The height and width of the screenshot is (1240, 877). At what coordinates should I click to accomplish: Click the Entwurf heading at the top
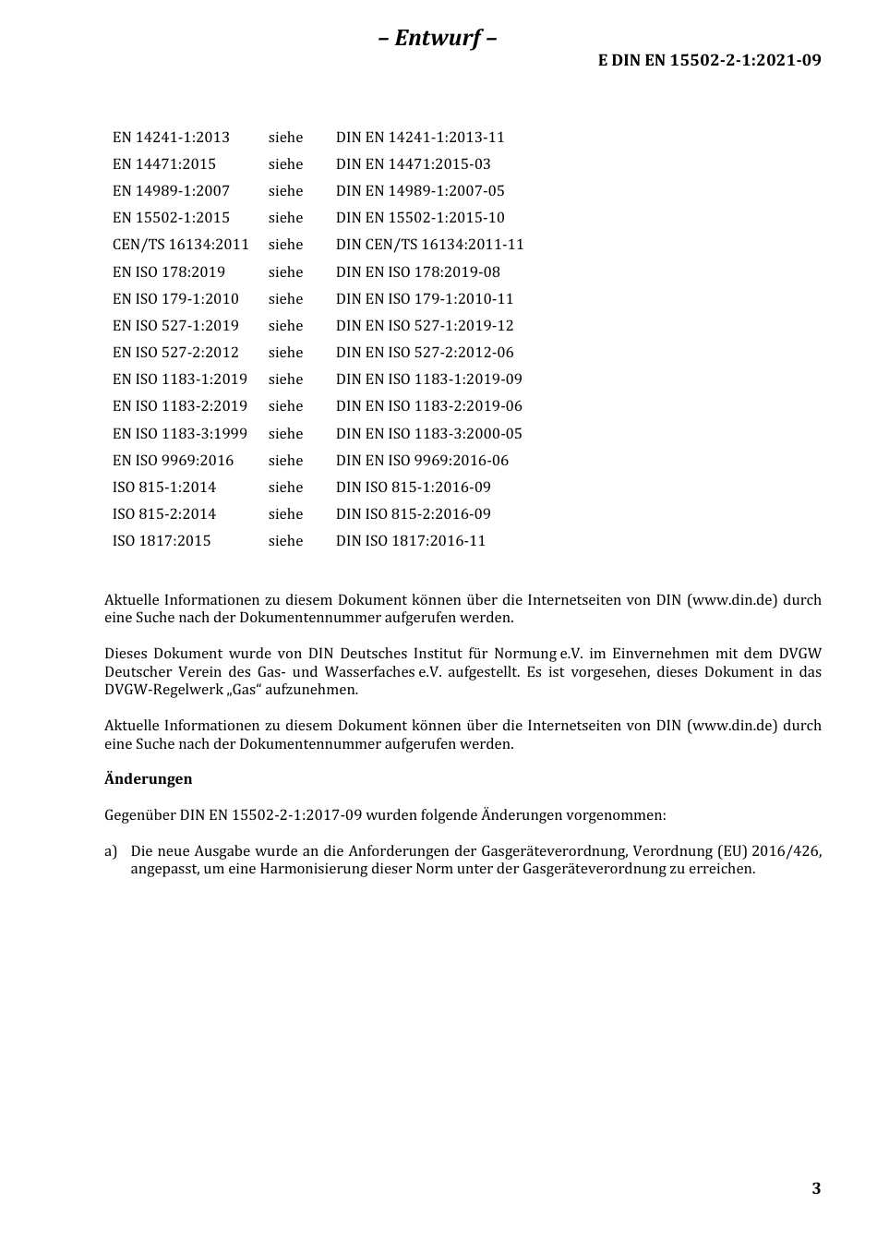tap(438, 38)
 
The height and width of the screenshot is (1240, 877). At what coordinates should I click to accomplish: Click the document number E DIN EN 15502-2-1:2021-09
tap(709, 61)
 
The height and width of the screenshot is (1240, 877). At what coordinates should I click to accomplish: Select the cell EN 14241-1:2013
tap(171, 138)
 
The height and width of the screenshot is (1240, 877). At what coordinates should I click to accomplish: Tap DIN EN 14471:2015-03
tap(413, 164)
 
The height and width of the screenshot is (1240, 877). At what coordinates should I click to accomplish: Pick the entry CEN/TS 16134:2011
tap(181, 245)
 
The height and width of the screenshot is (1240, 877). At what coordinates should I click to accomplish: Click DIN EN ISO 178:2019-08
tap(417, 272)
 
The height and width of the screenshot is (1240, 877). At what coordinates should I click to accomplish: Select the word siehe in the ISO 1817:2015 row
tap(285, 541)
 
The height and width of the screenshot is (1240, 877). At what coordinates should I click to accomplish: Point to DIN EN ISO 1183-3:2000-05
tap(428, 434)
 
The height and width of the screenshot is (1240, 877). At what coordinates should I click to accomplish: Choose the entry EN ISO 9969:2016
tap(173, 461)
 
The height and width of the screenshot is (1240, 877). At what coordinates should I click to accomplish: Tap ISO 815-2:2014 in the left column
tap(164, 514)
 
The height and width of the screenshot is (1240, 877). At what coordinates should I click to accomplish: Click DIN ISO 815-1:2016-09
tap(413, 488)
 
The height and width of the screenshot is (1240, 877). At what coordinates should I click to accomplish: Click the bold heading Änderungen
tap(149, 779)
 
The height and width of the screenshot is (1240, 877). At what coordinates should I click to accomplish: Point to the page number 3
tap(816, 1188)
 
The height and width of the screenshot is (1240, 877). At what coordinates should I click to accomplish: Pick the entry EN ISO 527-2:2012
tap(175, 353)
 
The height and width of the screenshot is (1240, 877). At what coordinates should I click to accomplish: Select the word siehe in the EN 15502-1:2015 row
tap(285, 218)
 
